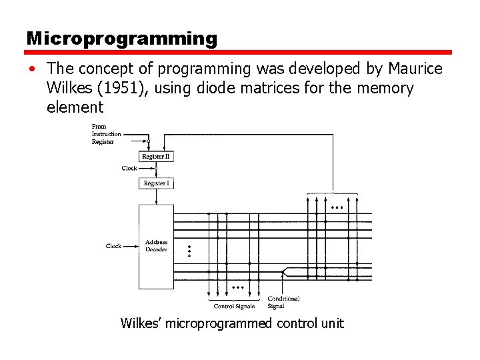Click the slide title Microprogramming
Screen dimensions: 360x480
[x=121, y=39]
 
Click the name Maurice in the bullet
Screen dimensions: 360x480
[x=415, y=69]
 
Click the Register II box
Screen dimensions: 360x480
[x=156, y=156]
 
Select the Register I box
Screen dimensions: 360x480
[x=156, y=183]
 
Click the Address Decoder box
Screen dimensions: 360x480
[x=156, y=246]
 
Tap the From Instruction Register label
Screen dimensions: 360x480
[x=106, y=134]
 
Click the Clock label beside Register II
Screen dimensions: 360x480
[x=129, y=169]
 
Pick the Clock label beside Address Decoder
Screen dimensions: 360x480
[x=113, y=246]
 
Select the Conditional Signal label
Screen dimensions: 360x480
[x=283, y=303]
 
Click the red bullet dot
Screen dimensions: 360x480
[x=32, y=69]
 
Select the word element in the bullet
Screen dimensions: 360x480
[x=75, y=107]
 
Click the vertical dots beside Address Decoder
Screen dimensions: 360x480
[x=189, y=251]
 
